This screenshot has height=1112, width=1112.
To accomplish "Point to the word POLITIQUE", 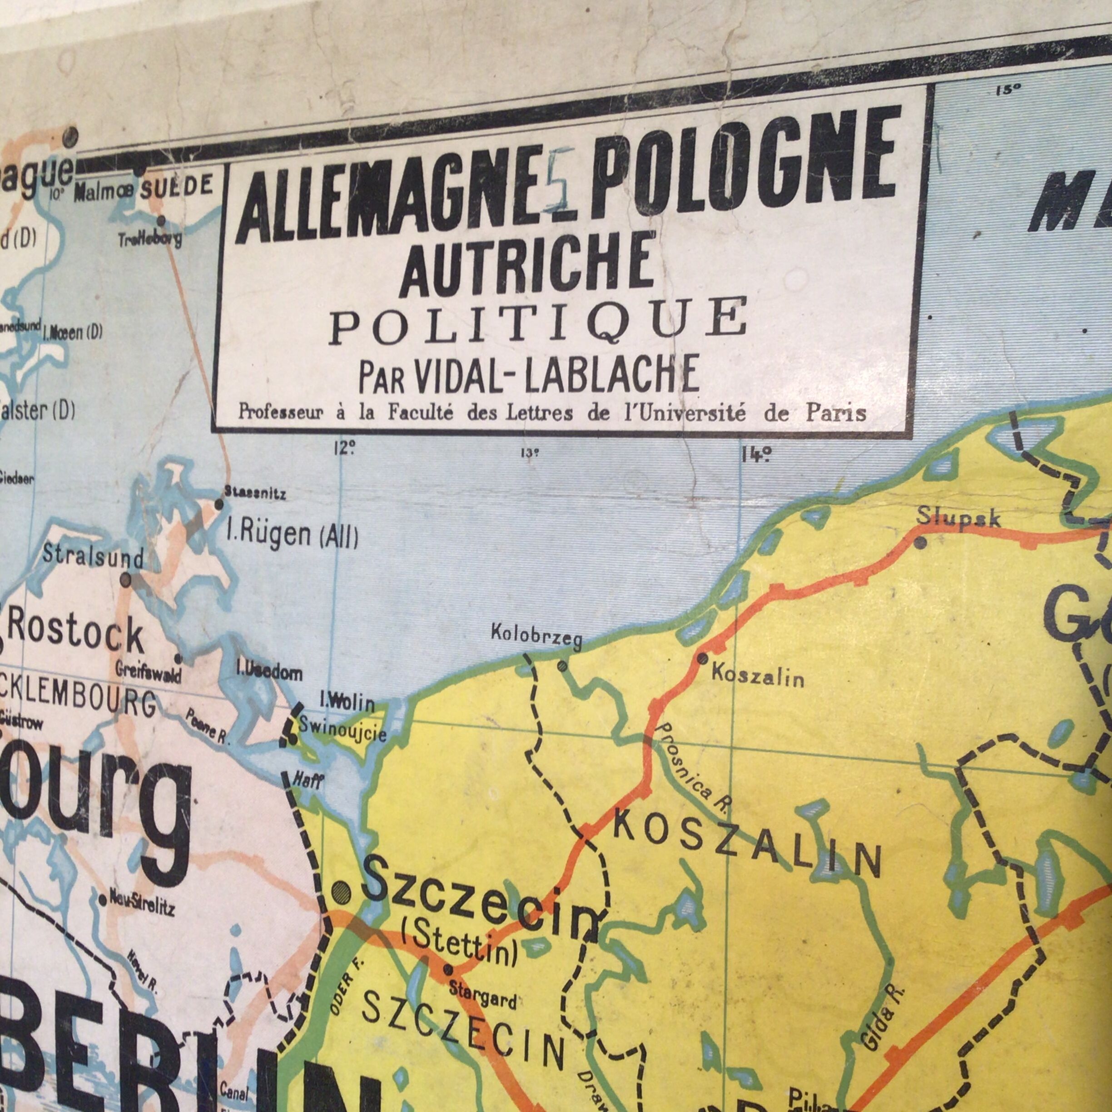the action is pyautogui.click(x=539, y=320).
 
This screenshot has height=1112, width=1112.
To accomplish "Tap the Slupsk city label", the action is pyautogui.click(x=959, y=517).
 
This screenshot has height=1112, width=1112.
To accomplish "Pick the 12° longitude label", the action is pyautogui.click(x=343, y=448).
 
